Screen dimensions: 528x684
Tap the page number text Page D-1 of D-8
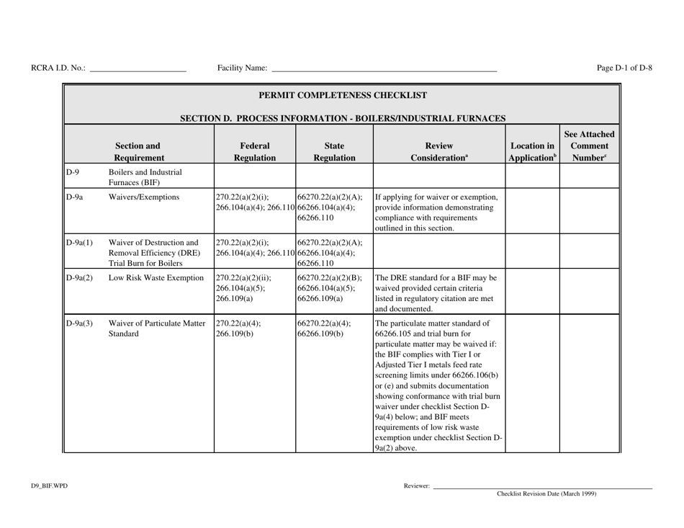[625, 68]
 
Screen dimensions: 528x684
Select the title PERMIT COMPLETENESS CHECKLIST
[343, 94]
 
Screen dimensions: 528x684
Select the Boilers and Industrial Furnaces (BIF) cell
[145, 176]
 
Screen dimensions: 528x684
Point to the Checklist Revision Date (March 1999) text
[547, 494]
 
